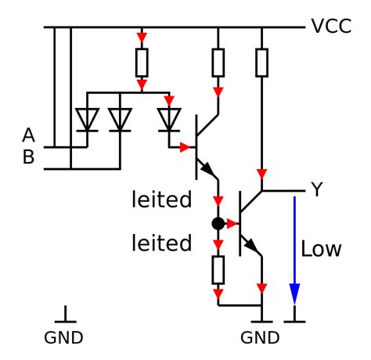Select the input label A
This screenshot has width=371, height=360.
[29, 136]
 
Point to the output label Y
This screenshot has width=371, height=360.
[316, 190]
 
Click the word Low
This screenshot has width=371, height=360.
[322, 250]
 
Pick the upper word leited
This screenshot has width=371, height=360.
[161, 200]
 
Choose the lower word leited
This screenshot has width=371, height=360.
[161, 243]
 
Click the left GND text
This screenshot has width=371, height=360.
[64, 339]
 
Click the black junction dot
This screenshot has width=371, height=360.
[218, 224]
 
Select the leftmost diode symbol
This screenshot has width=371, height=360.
[86, 120]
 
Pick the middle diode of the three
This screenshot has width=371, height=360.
[120, 120]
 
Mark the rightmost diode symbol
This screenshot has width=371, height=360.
[168, 120]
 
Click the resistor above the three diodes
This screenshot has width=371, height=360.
[142, 61]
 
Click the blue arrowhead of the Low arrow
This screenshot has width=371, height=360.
[294, 293]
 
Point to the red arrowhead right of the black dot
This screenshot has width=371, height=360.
[232, 224]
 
